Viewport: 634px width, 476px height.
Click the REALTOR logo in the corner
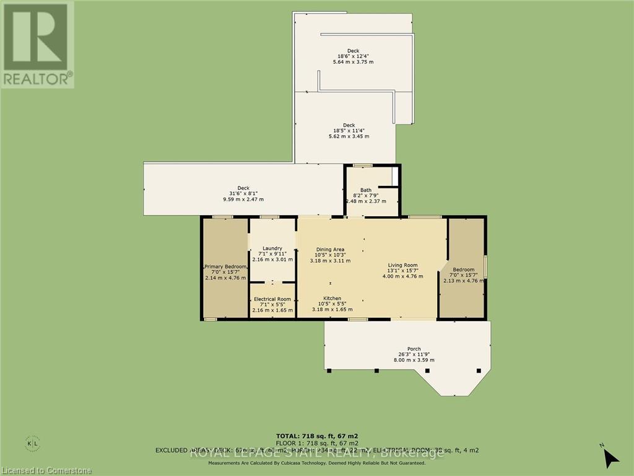pos(37,45)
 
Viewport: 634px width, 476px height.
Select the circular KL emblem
pos(33,444)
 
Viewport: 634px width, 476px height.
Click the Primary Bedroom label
pos(226,267)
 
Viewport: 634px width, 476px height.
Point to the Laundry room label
pos(272,248)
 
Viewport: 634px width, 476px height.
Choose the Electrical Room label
pos(272,299)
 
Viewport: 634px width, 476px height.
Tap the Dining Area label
pos(330,250)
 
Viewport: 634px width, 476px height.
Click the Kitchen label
pos(332,298)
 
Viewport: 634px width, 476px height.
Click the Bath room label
pos(366,190)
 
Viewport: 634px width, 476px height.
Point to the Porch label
pos(414,348)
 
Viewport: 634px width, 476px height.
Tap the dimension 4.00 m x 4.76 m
pos(402,277)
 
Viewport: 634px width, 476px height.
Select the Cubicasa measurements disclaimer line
pos(316,462)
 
